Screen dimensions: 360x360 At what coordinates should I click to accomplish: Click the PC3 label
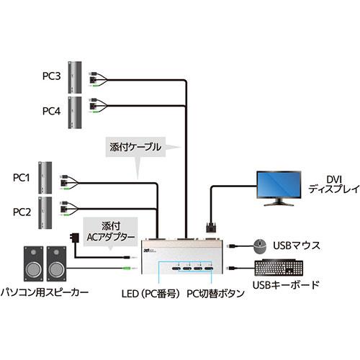pos(50,75)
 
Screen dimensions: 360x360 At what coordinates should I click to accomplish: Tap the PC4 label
pos(50,111)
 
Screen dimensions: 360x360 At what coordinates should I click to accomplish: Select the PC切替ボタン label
pos(214,294)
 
